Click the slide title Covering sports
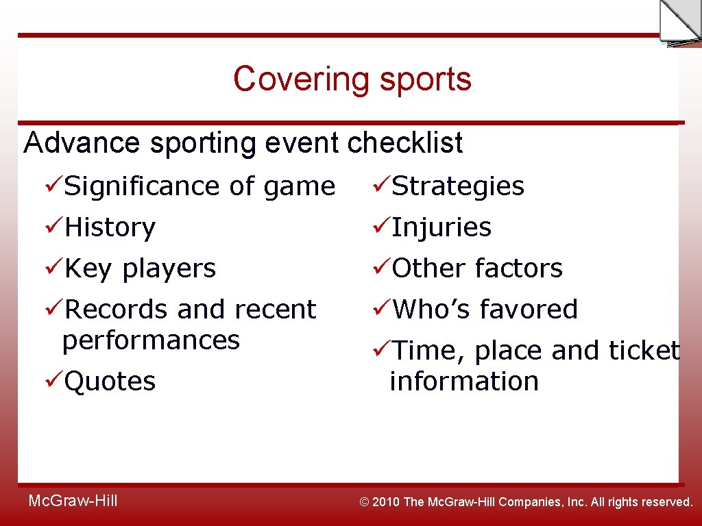click(352, 79)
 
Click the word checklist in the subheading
click(404, 143)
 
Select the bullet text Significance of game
click(199, 186)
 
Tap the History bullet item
click(110, 227)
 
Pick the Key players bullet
click(140, 268)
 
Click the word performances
click(151, 340)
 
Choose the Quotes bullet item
click(110, 381)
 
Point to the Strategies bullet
click(457, 186)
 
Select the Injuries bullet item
click(441, 227)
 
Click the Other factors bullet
click(476, 268)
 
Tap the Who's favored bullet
click(484, 310)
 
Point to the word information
click(464, 381)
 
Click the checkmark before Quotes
click(53, 380)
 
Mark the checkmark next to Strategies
click(381, 185)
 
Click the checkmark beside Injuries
click(381, 226)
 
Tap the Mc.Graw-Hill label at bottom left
click(73, 501)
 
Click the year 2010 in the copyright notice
click(386, 502)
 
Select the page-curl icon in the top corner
click(679, 22)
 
